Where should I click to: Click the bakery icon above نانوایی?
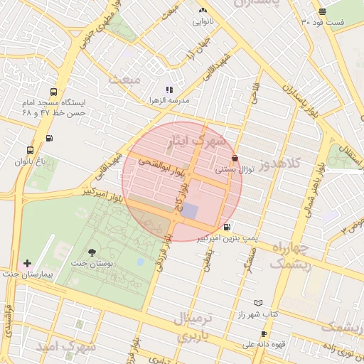(x=203, y=10)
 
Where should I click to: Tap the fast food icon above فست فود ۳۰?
(x=323, y=11)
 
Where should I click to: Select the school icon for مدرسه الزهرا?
(x=169, y=90)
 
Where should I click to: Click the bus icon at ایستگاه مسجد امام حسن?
(x=54, y=92)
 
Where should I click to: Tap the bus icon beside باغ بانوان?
(x=30, y=150)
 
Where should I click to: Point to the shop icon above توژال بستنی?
(x=235, y=159)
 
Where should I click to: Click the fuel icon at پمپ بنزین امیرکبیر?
(x=227, y=227)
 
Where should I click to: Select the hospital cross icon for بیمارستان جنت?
(x=27, y=263)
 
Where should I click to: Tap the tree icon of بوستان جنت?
(x=92, y=252)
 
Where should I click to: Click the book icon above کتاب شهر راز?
(x=258, y=302)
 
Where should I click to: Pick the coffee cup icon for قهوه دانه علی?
(x=264, y=333)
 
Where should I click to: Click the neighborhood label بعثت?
(x=127, y=79)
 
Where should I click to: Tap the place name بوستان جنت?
(x=89, y=264)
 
